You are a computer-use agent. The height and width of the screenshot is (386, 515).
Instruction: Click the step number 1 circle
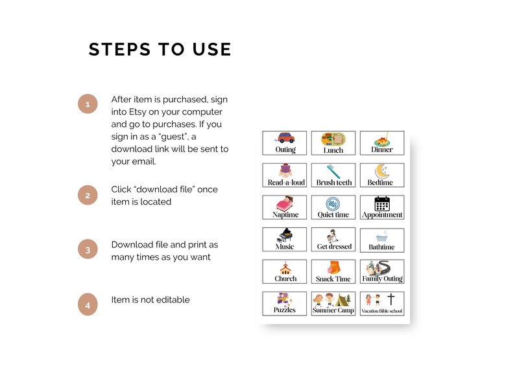click(x=88, y=104)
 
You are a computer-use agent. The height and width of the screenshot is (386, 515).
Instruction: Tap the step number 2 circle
click(x=88, y=195)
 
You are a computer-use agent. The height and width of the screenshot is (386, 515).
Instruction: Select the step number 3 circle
click(x=88, y=250)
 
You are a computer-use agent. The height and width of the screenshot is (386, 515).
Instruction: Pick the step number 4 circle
click(x=88, y=305)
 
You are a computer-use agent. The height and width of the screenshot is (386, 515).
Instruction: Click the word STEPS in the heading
click(x=119, y=49)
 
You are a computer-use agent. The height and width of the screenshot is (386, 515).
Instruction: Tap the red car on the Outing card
click(x=286, y=138)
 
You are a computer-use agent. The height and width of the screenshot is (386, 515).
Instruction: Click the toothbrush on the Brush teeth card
click(x=333, y=172)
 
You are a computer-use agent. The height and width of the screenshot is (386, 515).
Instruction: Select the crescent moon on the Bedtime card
click(x=380, y=171)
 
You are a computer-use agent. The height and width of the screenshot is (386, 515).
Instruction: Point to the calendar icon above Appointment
click(x=382, y=203)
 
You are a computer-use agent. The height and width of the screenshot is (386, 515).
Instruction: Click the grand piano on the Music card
click(x=285, y=235)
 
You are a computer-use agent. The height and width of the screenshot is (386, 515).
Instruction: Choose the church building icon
click(x=285, y=268)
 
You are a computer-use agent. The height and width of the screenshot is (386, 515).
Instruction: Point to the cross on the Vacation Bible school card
click(x=391, y=299)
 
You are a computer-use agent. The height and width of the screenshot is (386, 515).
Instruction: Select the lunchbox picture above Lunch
click(x=333, y=139)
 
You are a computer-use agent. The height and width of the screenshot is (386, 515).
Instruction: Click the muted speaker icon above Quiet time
click(x=333, y=203)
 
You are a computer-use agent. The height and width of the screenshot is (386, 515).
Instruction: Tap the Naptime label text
click(x=285, y=215)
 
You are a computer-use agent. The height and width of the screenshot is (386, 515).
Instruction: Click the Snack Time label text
click(x=333, y=279)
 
